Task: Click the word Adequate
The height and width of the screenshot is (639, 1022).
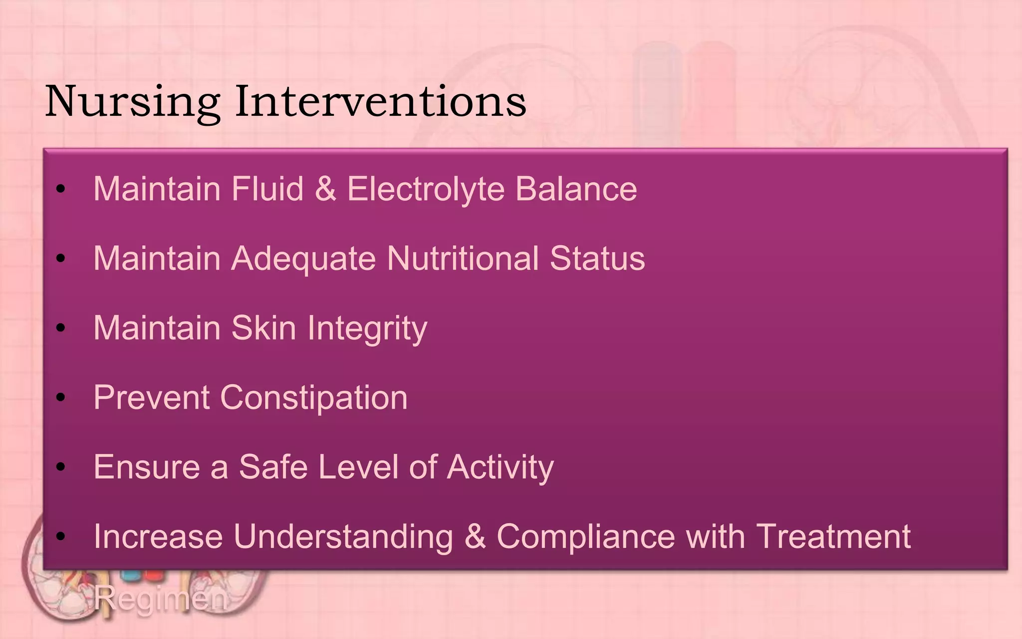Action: coord(303,259)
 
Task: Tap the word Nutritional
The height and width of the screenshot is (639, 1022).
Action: coord(463,259)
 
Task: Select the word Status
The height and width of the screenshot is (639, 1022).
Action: coord(597,259)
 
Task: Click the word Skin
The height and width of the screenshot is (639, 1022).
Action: coord(263,328)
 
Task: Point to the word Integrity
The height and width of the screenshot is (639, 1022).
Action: coord(367,329)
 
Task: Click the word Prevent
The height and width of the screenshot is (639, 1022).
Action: coord(151,397)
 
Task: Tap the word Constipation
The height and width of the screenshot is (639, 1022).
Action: coord(313,398)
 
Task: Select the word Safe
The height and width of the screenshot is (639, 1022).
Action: coord(272,467)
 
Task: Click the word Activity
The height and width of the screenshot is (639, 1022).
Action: coord(500,468)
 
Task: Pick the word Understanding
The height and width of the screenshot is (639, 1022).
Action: coord(343,537)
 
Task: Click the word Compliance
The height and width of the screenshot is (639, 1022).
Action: coord(585,537)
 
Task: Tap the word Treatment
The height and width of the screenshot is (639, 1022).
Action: coord(833,536)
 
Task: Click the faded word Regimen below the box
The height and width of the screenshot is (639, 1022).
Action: coord(160,598)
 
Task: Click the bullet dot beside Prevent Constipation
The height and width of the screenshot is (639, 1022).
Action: coord(61,397)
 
